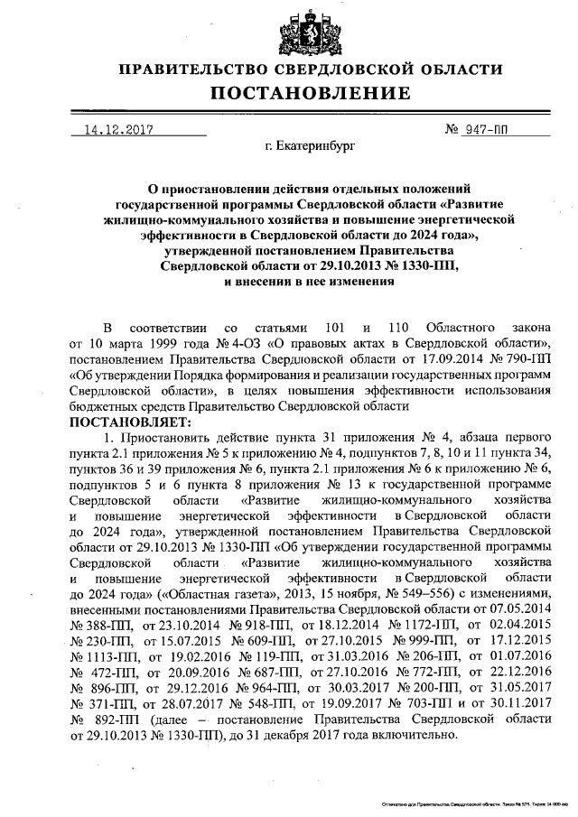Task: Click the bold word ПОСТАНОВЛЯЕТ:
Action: coord(130,422)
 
